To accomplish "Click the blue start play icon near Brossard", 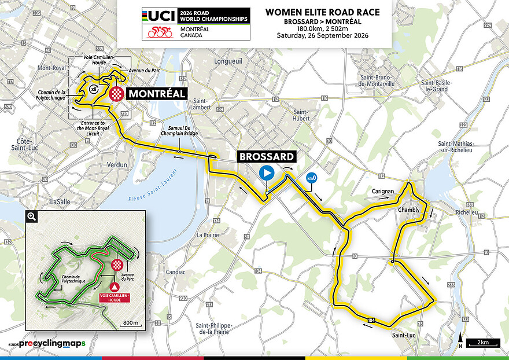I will point(266,172).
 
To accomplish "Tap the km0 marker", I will point(311,178).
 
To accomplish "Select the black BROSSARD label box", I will point(266,156).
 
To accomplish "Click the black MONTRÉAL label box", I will point(156,94).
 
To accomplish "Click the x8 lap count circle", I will point(94,89).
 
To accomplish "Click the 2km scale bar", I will point(483,342).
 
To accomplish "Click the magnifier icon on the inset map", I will point(32,216).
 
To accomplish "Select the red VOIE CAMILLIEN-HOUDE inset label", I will point(115,297).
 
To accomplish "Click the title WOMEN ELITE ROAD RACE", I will point(322,12).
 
